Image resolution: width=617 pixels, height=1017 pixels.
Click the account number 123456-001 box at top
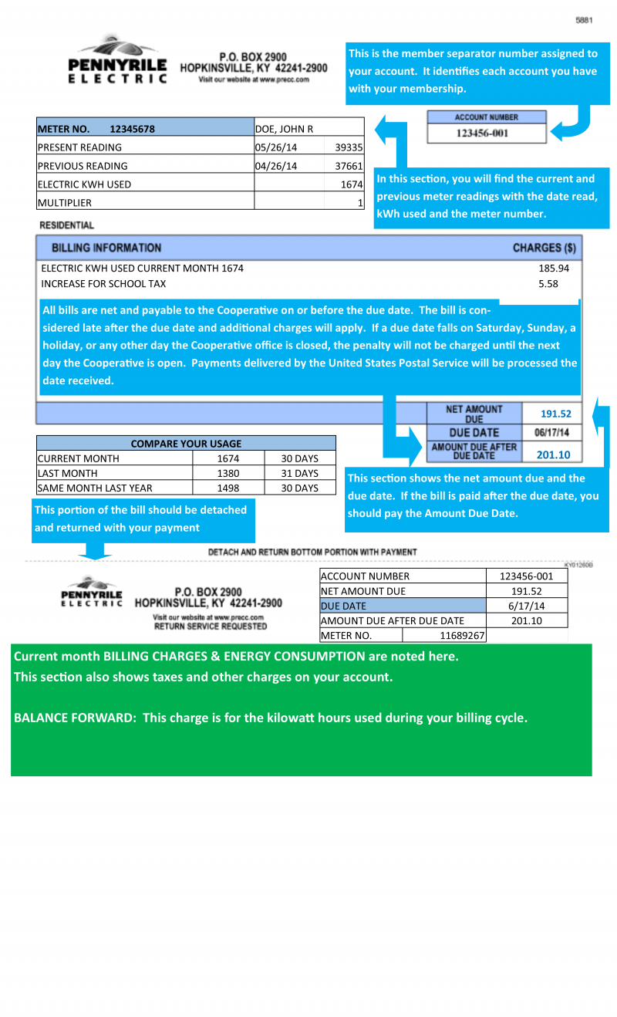click(486, 133)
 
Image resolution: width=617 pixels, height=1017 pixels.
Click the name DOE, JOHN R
click(284, 129)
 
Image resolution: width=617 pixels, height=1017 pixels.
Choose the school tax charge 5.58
click(548, 284)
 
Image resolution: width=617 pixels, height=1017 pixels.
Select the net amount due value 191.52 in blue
click(555, 414)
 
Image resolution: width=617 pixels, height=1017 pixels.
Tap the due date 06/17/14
click(551, 433)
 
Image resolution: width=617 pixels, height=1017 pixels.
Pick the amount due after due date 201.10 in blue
click(553, 455)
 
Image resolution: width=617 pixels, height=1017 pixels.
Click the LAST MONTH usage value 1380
click(228, 473)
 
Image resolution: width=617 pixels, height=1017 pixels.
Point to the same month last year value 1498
click(228, 488)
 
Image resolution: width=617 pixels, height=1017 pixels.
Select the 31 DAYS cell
click(299, 473)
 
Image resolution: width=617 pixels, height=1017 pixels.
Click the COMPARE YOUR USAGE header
click(186, 444)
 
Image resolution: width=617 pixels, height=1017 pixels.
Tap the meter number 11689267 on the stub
click(462, 636)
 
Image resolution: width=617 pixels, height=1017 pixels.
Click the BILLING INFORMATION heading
click(106, 248)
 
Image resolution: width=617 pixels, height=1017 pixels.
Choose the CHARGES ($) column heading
click(544, 248)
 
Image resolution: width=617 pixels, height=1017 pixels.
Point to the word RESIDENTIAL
click(66, 225)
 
